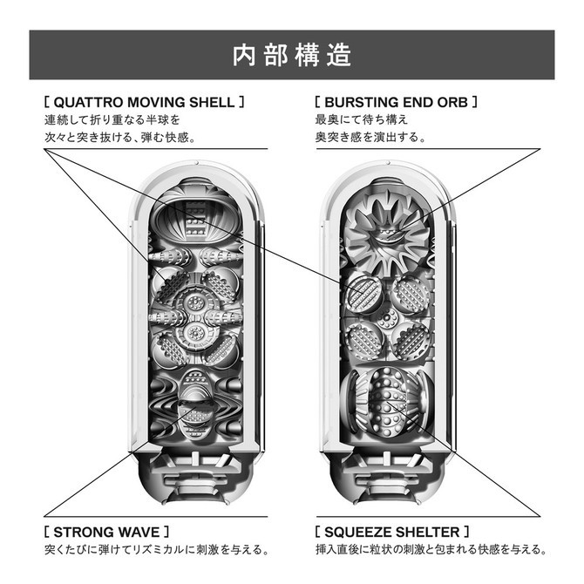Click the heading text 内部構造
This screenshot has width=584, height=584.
click(292, 55)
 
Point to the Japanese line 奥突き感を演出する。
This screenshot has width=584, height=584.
click(370, 137)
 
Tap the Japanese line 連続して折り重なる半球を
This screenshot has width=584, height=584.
click(112, 119)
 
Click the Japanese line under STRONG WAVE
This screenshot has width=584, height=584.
click(156, 549)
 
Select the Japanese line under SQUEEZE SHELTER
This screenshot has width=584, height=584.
click(431, 549)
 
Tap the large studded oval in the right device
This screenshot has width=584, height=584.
click(388, 403)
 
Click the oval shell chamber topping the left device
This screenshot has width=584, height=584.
click(196, 219)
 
